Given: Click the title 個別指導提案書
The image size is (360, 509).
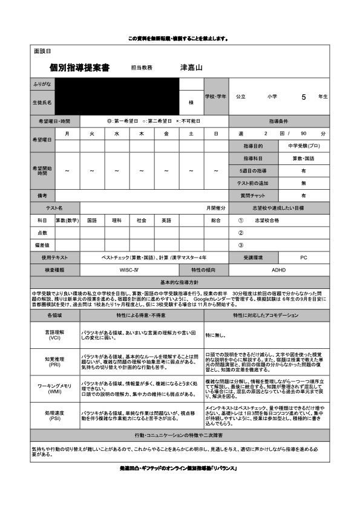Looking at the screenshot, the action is pos(79,68).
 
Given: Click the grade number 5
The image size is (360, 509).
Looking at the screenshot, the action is pos(304,96).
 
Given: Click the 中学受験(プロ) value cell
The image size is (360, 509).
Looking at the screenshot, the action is pos(304,146).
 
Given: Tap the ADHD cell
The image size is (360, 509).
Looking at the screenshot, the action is pos(279,270).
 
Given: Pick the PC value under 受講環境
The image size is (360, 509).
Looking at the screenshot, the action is pos(304,257).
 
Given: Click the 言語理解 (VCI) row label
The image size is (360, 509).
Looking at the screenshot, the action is pos(54,335).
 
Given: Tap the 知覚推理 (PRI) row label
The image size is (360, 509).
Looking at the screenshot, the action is pos(54,361).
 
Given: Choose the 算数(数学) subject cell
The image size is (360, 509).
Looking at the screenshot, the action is pos(67,221).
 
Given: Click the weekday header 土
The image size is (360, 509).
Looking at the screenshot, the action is pos(191,133).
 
